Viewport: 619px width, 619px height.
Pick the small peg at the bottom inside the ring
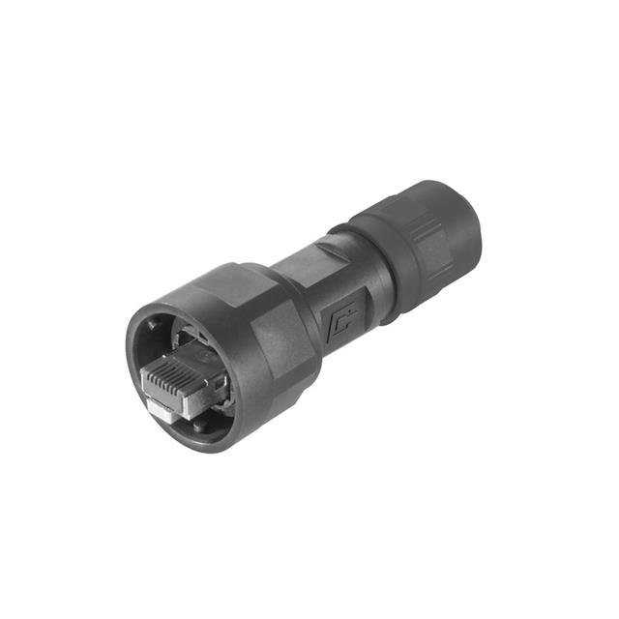(x=199, y=424)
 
